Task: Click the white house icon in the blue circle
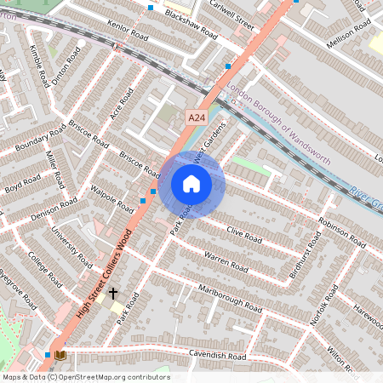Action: click(x=191, y=184)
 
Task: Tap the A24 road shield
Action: click(x=196, y=118)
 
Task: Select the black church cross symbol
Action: click(x=112, y=292)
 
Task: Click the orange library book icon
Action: click(x=60, y=354)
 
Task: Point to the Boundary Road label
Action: click(x=40, y=140)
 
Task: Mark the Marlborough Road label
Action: click(x=230, y=295)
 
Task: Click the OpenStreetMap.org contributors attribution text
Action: click(x=111, y=376)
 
